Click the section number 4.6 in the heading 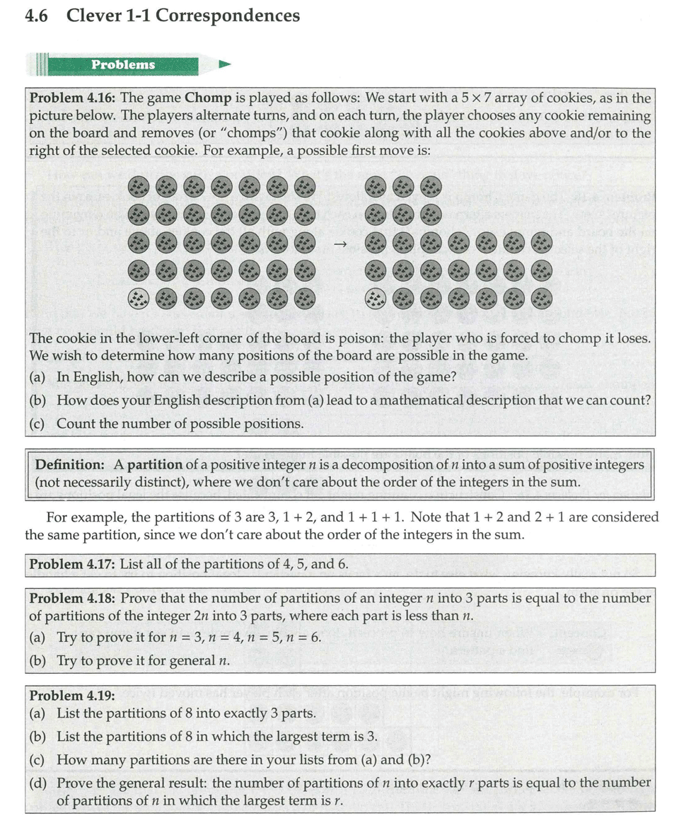[x=36, y=16]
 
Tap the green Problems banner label [x=122, y=64]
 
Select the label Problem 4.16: [x=74, y=98]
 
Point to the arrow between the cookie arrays [x=340, y=244]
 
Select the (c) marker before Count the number [x=37, y=424]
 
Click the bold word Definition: [x=68, y=464]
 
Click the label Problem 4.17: [x=73, y=564]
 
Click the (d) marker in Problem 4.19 [x=38, y=783]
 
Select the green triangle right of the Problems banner [x=225, y=64]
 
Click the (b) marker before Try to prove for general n [x=38, y=660]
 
